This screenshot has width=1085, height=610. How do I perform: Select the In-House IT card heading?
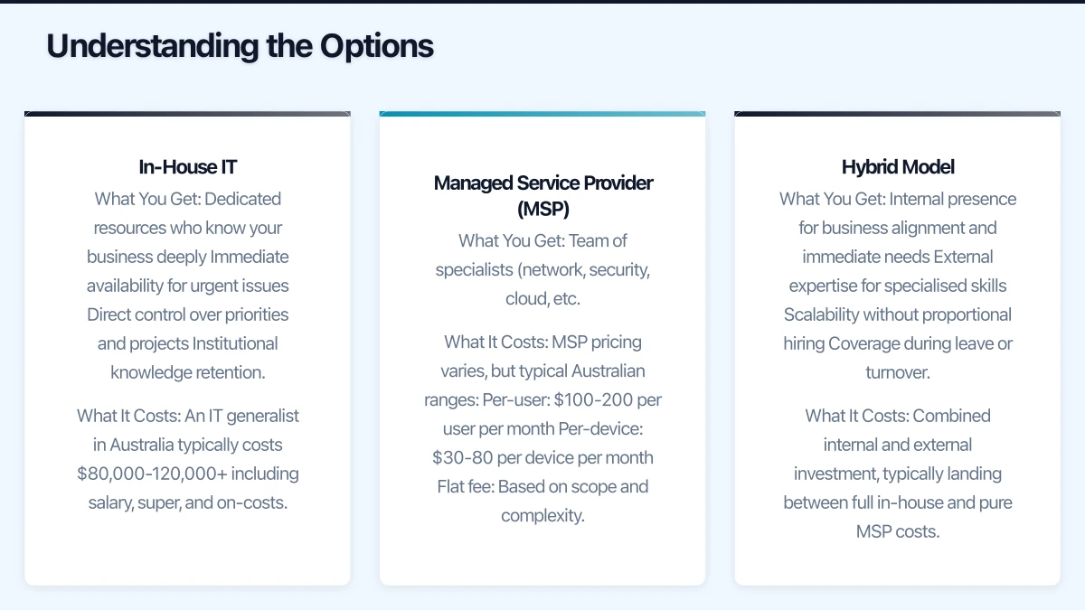[187, 167]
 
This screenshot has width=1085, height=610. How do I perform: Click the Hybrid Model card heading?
[897, 167]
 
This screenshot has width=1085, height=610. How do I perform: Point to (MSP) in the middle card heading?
[542, 210]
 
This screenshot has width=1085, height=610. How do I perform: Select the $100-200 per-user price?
[588, 399]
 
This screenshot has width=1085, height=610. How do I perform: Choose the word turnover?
[897, 372]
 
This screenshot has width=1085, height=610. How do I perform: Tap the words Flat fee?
[465, 486]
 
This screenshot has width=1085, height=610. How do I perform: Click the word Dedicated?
[242, 199]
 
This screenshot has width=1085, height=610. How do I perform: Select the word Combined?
[951, 416]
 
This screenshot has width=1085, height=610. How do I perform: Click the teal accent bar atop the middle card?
[542, 114]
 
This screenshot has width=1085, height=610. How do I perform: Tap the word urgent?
[225, 286]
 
